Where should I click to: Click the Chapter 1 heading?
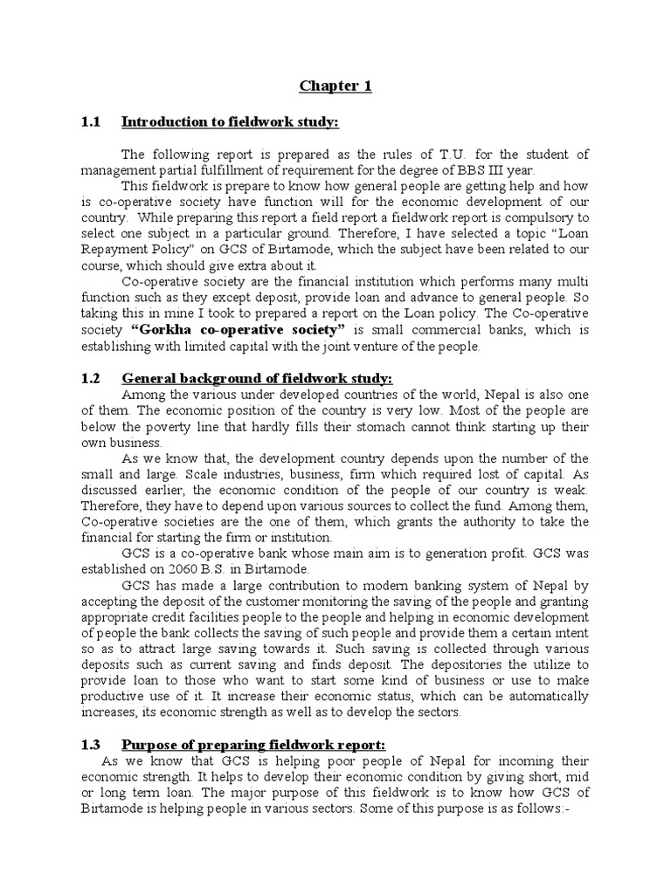[x=335, y=86]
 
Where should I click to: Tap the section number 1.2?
[x=91, y=378]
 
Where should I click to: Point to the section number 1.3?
[x=91, y=744]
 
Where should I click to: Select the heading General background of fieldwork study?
[x=258, y=378]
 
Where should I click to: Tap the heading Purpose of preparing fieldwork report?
[x=253, y=744]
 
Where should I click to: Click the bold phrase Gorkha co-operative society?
[x=239, y=330]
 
